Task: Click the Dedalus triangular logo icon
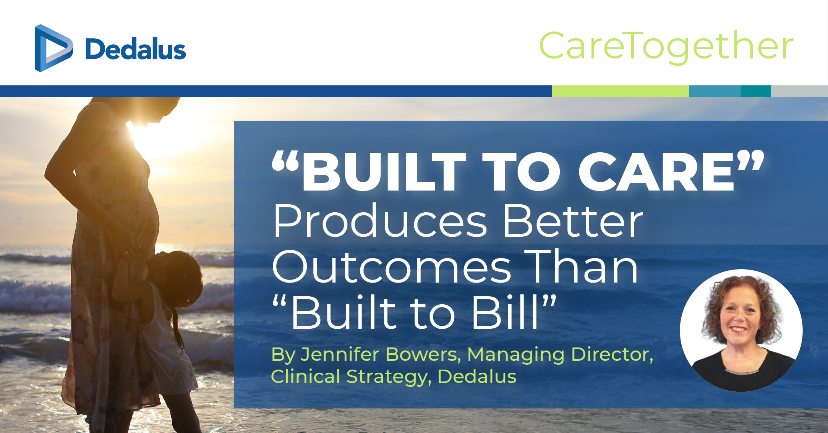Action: [53, 48]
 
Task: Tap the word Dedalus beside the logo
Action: [136, 49]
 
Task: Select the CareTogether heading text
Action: [666, 47]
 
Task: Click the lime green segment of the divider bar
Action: [621, 91]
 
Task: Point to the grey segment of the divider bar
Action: [799, 91]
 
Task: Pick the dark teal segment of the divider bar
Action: [756, 91]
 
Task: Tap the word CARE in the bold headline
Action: [656, 171]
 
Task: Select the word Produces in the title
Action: [380, 221]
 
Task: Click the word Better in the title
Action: [574, 221]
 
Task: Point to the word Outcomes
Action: [392, 267]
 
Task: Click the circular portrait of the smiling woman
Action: [741, 331]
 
